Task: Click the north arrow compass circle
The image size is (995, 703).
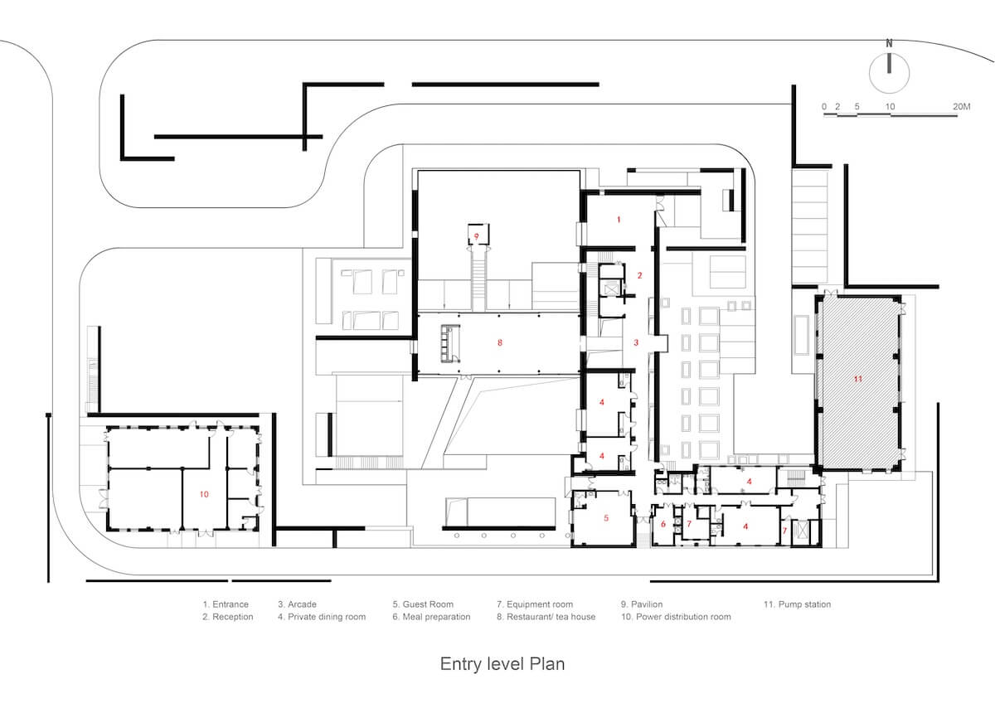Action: [869, 73]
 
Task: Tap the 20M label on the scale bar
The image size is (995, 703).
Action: [961, 107]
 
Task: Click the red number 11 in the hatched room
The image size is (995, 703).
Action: [857, 379]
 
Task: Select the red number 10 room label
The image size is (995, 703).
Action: [204, 494]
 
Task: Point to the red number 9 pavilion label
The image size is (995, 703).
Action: [477, 236]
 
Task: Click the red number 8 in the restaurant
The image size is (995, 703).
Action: [500, 342]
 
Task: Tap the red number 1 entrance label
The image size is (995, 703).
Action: [619, 220]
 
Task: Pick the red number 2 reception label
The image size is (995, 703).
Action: [639, 275]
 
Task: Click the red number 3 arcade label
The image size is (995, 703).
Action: [636, 342]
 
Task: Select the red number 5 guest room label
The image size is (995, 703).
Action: [606, 518]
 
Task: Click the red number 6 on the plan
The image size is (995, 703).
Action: [663, 524]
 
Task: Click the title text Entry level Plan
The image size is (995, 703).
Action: [502, 664]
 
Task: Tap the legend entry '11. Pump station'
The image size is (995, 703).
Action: [797, 604]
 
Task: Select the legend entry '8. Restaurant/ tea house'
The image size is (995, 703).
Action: [546, 617]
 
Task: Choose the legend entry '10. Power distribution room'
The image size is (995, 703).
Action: [676, 617]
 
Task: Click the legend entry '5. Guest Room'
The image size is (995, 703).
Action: [423, 604]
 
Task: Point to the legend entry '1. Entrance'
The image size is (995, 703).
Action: [226, 604]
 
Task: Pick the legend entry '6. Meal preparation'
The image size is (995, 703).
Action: [431, 617]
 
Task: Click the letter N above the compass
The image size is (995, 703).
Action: [889, 43]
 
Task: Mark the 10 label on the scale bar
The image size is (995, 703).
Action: [890, 107]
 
